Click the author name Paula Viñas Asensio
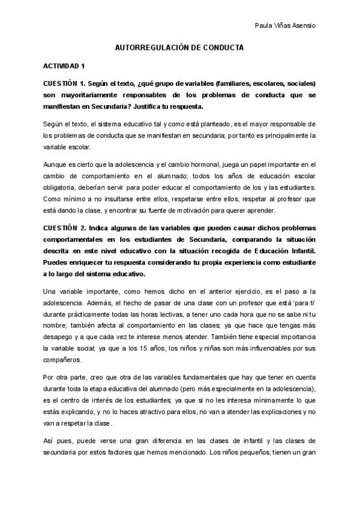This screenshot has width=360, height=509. (286, 25)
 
